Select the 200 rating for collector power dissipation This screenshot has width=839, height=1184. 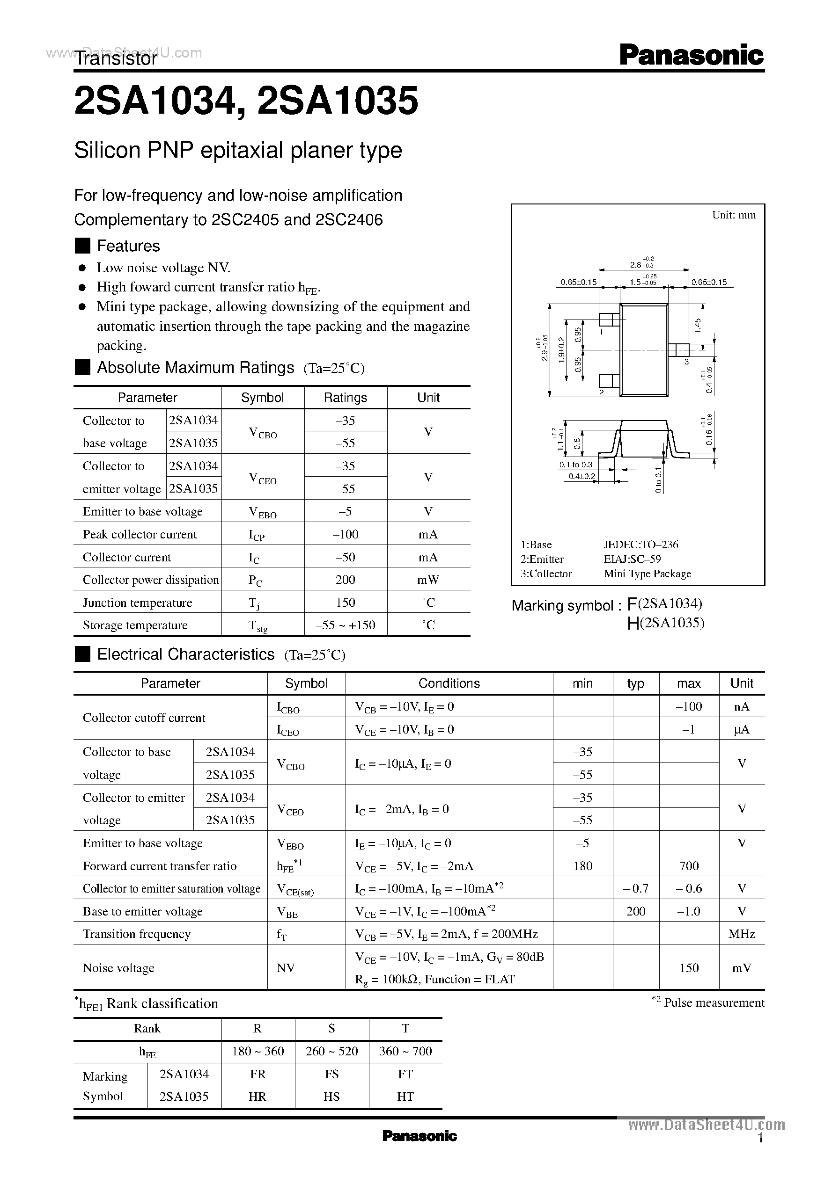345,580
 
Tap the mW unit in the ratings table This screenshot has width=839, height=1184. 428,580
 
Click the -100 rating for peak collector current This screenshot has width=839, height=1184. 345,534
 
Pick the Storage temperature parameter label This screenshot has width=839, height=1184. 135,625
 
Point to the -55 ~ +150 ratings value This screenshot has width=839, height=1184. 345,625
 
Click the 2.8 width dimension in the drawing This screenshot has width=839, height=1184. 636,265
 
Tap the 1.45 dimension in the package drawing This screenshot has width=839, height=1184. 698,325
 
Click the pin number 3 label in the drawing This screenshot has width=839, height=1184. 686,362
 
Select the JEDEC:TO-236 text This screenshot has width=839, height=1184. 640,545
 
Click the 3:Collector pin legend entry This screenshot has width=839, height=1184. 546,574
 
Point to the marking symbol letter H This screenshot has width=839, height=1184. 633,624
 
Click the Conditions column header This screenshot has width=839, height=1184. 449,683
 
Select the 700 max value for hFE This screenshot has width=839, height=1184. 689,865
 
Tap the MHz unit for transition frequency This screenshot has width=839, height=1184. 741,934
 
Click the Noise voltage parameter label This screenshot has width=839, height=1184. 118,968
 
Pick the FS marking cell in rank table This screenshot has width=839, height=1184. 331,1074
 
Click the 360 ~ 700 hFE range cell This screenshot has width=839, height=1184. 405,1051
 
